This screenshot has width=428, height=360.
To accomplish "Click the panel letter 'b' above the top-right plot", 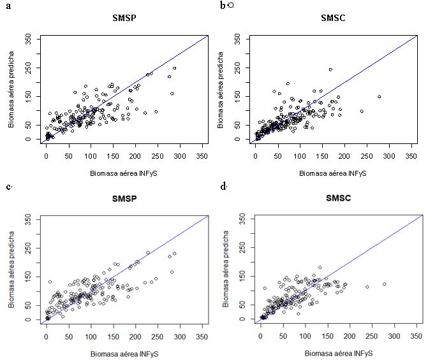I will click(x=223, y=5).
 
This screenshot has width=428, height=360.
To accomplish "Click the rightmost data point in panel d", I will click(x=384, y=284).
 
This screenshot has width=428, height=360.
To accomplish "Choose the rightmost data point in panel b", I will click(x=379, y=97).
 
